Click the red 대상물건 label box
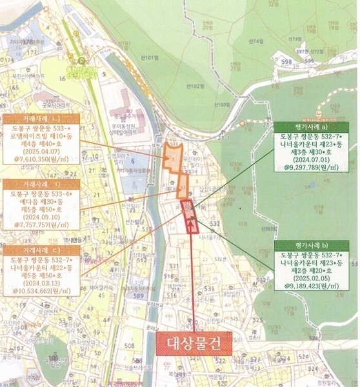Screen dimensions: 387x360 [194, 343]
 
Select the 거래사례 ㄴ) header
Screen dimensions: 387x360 [41, 119]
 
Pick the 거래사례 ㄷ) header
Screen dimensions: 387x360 [41, 249]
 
